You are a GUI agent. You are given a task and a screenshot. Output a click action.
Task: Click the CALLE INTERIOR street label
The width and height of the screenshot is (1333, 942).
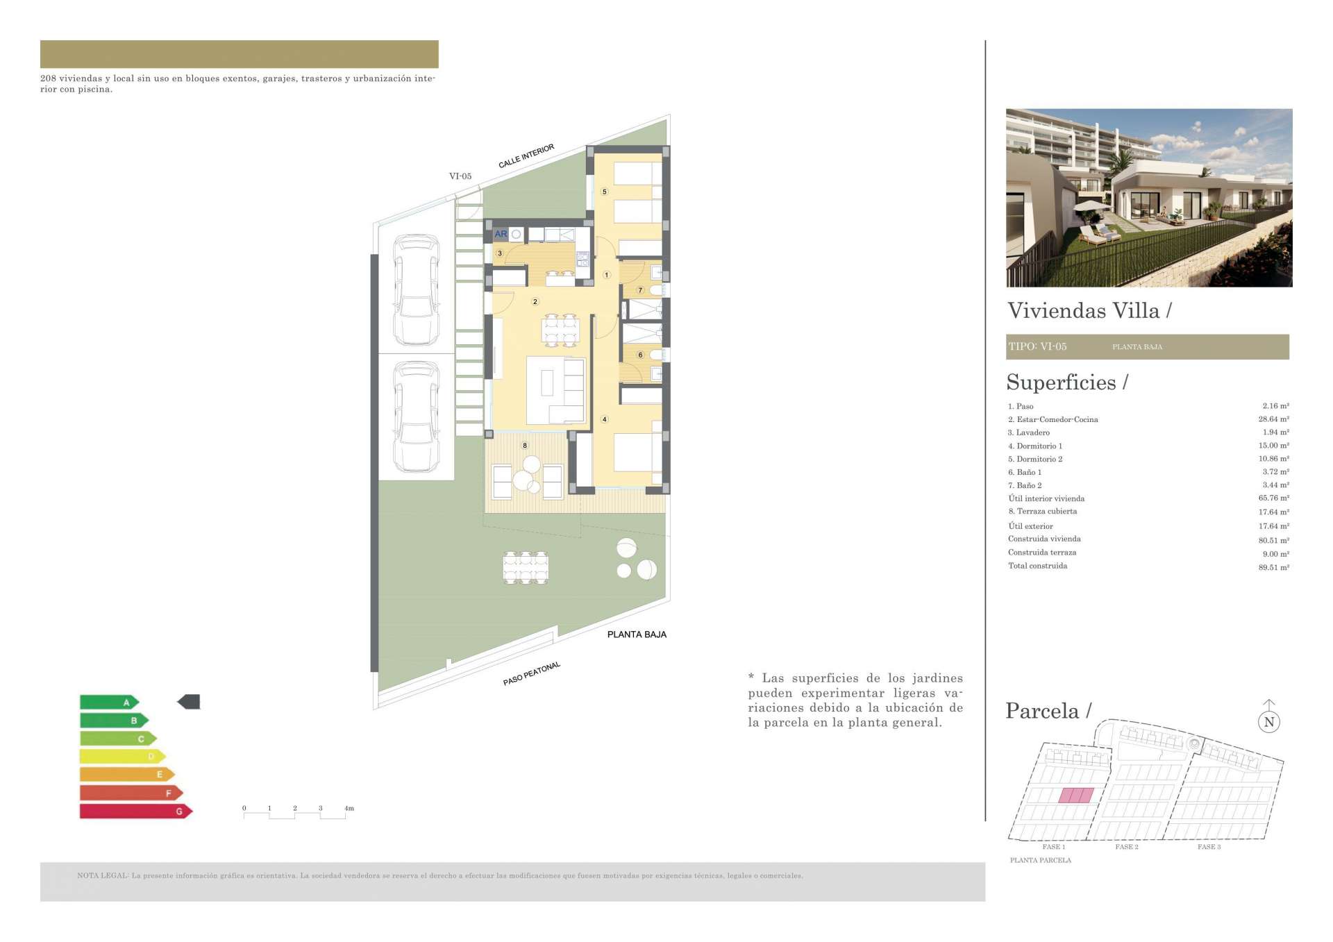click(x=526, y=156)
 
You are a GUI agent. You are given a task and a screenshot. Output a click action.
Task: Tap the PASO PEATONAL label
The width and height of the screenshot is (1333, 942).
click(x=532, y=673)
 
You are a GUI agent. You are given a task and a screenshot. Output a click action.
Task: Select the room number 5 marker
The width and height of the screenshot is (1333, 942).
click(x=604, y=192)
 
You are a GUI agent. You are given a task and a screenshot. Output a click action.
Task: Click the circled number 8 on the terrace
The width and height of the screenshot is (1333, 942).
click(x=525, y=446)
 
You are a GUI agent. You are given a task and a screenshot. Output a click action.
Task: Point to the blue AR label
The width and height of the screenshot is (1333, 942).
click(x=501, y=234)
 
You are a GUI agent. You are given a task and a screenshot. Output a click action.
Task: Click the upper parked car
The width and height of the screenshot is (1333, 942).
click(x=417, y=290)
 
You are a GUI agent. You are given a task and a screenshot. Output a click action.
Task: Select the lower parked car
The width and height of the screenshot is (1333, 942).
click(x=417, y=417)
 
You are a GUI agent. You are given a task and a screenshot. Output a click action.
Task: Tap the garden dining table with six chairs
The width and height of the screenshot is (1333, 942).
click(x=526, y=567)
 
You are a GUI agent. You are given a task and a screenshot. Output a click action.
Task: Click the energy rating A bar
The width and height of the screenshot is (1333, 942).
click(x=110, y=702)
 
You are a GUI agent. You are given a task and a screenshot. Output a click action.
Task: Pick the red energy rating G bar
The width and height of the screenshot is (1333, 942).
click(x=136, y=811)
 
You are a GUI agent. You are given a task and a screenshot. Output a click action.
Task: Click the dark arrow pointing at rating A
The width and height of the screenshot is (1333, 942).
click(x=189, y=702)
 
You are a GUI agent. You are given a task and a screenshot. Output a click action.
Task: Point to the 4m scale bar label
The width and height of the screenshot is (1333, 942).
click(x=349, y=808)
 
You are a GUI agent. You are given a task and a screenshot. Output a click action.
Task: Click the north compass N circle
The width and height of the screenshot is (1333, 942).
click(x=1269, y=722)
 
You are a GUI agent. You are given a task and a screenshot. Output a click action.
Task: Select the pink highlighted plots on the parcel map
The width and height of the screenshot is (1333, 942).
click(x=1076, y=796)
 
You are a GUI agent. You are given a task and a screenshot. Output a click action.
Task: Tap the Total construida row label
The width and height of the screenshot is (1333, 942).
click(x=1038, y=566)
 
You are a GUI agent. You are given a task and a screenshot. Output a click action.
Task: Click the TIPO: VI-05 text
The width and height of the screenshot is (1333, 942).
click(x=1038, y=346)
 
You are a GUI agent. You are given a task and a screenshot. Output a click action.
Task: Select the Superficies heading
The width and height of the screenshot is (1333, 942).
click(x=1062, y=382)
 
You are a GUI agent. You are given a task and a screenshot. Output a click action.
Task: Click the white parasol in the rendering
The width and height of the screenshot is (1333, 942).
click(x=1091, y=205)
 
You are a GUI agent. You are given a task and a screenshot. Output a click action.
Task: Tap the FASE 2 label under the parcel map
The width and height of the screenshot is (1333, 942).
click(x=1127, y=847)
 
